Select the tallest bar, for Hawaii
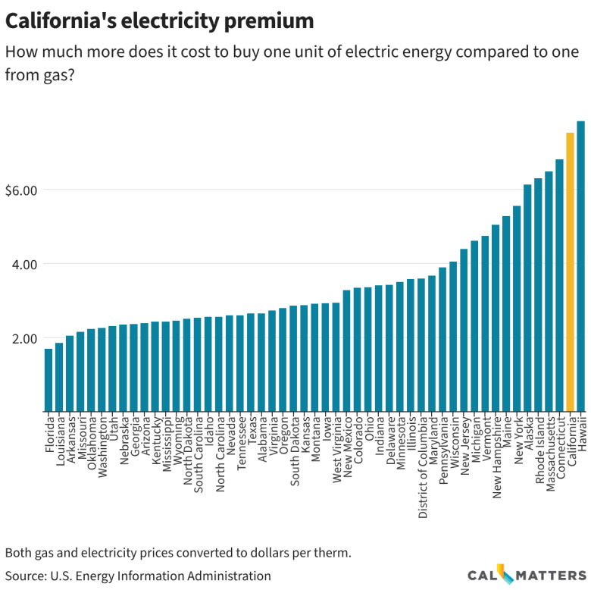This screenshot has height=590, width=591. (580, 265)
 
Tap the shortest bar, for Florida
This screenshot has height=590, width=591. (48, 380)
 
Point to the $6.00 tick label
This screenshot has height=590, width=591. (21, 190)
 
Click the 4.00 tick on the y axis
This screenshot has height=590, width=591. (25, 264)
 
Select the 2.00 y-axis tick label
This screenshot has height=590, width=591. (25, 338)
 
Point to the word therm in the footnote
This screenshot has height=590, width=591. (332, 552)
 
